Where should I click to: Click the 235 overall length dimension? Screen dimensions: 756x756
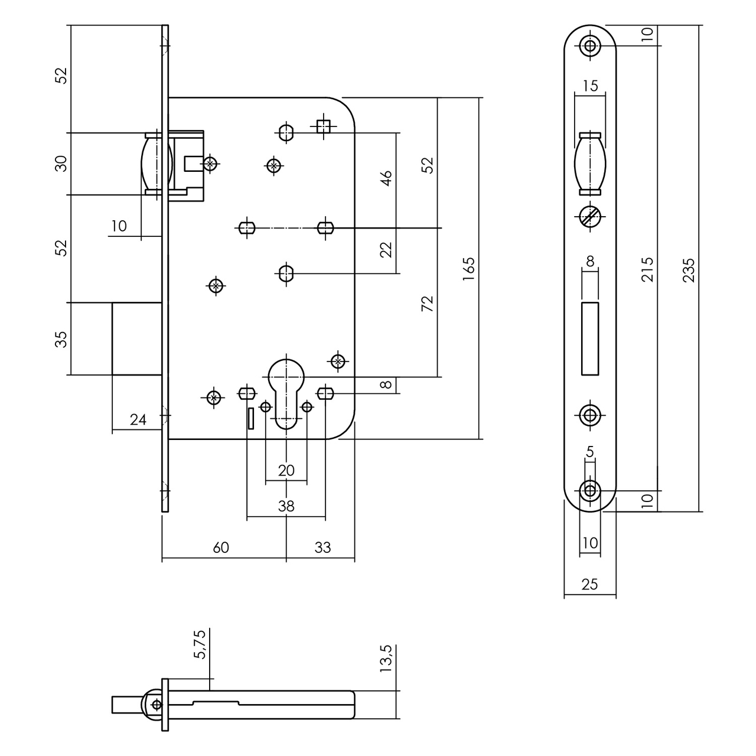tap(689, 269)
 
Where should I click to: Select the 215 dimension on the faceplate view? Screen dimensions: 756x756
tap(648, 269)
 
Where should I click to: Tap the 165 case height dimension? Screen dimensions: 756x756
tap(468, 269)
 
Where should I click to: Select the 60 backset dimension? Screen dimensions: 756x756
tap(220, 548)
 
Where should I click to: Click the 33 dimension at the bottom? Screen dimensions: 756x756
tap(322, 548)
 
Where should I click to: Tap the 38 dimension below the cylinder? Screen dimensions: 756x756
tap(286, 506)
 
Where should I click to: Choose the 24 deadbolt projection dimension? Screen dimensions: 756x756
tap(138, 420)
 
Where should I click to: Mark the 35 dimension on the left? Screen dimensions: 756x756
tap(61, 339)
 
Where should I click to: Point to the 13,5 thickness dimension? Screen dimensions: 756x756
tap(387, 659)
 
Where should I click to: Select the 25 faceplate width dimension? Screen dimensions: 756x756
tap(589, 585)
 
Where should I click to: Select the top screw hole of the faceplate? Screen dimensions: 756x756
tap(590, 45)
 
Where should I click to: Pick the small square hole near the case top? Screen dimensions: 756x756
tap(322, 126)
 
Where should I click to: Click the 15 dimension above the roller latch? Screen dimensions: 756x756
tap(590, 86)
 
